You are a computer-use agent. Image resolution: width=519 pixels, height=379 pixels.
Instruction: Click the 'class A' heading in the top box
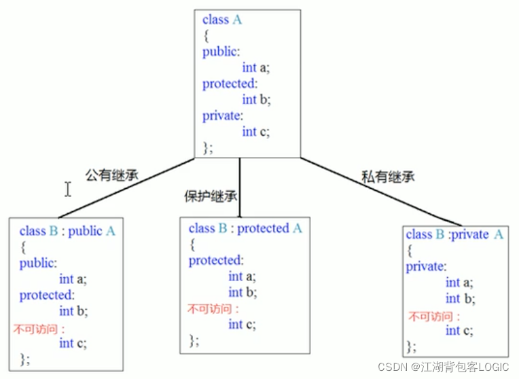tap(222, 20)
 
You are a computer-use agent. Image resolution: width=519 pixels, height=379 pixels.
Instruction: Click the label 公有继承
tap(111, 175)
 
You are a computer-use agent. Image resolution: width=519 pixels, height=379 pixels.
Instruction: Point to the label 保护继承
tap(211, 196)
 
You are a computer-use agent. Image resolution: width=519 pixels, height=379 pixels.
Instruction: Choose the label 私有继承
tap(388, 177)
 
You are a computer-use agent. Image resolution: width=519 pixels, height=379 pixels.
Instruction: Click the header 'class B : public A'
tap(67, 231)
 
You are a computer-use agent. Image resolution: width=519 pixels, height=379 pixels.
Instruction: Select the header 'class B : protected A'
tap(245, 228)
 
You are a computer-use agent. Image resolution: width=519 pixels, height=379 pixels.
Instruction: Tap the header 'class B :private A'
tap(454, 234)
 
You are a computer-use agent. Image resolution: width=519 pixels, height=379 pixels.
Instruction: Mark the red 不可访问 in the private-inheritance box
tap(433, 317)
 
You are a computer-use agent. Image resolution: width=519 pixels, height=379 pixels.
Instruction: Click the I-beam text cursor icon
tap(68, 189)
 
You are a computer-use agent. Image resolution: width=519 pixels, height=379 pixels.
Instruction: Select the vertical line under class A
tap(239, 187)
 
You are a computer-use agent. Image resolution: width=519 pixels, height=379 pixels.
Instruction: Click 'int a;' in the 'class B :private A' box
tap(460, 283)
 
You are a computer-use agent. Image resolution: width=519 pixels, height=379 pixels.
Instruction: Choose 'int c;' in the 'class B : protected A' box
tap(242, 325)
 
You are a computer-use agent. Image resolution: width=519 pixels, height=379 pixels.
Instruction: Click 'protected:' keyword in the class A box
tap(230, 84)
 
